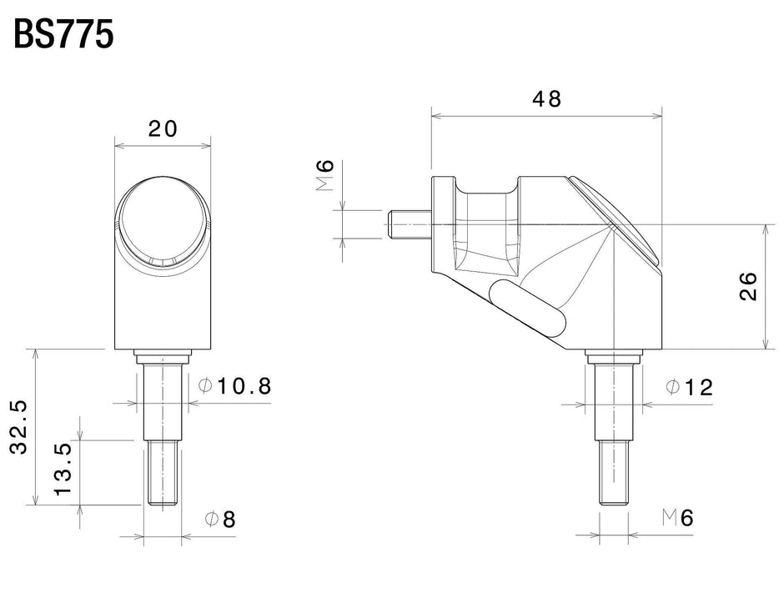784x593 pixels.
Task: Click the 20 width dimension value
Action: (163, 128)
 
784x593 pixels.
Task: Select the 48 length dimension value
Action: (546, 98)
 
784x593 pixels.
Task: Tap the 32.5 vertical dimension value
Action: (19, 428)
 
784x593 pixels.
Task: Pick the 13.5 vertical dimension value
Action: (63, 469)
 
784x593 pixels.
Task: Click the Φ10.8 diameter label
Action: (236, 386)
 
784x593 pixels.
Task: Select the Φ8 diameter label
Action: (220, 519)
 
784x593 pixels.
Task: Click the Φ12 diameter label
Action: (690, 386)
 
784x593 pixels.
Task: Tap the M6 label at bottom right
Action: (677, 518)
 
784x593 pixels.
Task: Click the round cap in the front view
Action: (163, 224)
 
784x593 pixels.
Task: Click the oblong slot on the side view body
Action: (527, 306)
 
